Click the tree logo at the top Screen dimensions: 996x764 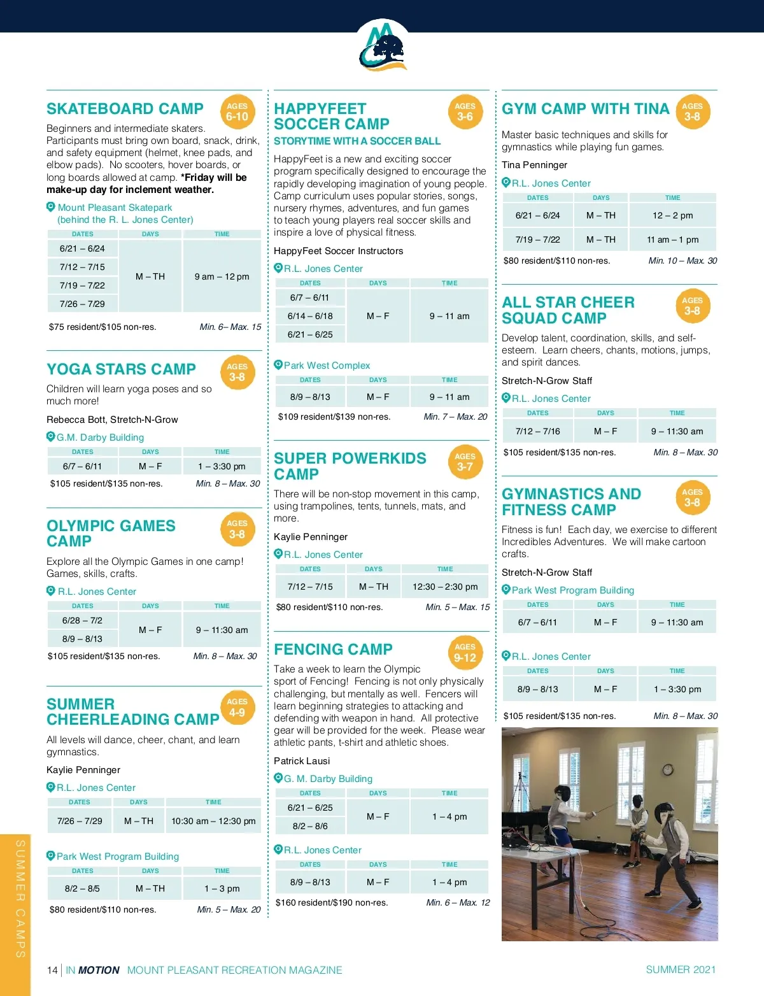tap(383, 48)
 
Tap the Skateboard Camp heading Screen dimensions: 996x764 tap(125, 109)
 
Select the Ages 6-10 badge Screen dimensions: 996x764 tap(237, 112)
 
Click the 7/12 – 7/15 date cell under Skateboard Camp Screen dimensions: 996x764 tap(82, 267)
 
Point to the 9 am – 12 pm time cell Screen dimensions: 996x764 tap(222, 276)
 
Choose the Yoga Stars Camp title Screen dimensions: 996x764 tap(121, 369)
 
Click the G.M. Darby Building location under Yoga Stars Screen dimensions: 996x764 tap(100, 438)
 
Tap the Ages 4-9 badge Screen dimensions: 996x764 tap(237, 708)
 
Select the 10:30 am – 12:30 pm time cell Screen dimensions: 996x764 tap(213, 821)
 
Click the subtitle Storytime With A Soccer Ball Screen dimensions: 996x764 tap(357, 141)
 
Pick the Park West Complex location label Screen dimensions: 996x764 tap(327, 366)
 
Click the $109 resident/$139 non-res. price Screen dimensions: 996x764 tap(334, 416)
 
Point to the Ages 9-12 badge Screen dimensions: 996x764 tap(465, 653)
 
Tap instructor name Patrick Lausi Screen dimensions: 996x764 tap(302, 761)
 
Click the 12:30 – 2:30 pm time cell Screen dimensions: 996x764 tap(445, 587)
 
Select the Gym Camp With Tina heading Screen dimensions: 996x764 tap(585, 109)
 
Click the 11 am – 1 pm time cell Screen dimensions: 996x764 tap(672, 239)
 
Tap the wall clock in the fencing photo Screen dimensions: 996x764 tap(667, 769)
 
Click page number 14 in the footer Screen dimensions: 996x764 tap(52, 970)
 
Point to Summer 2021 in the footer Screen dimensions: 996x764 tap(681, 969)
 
